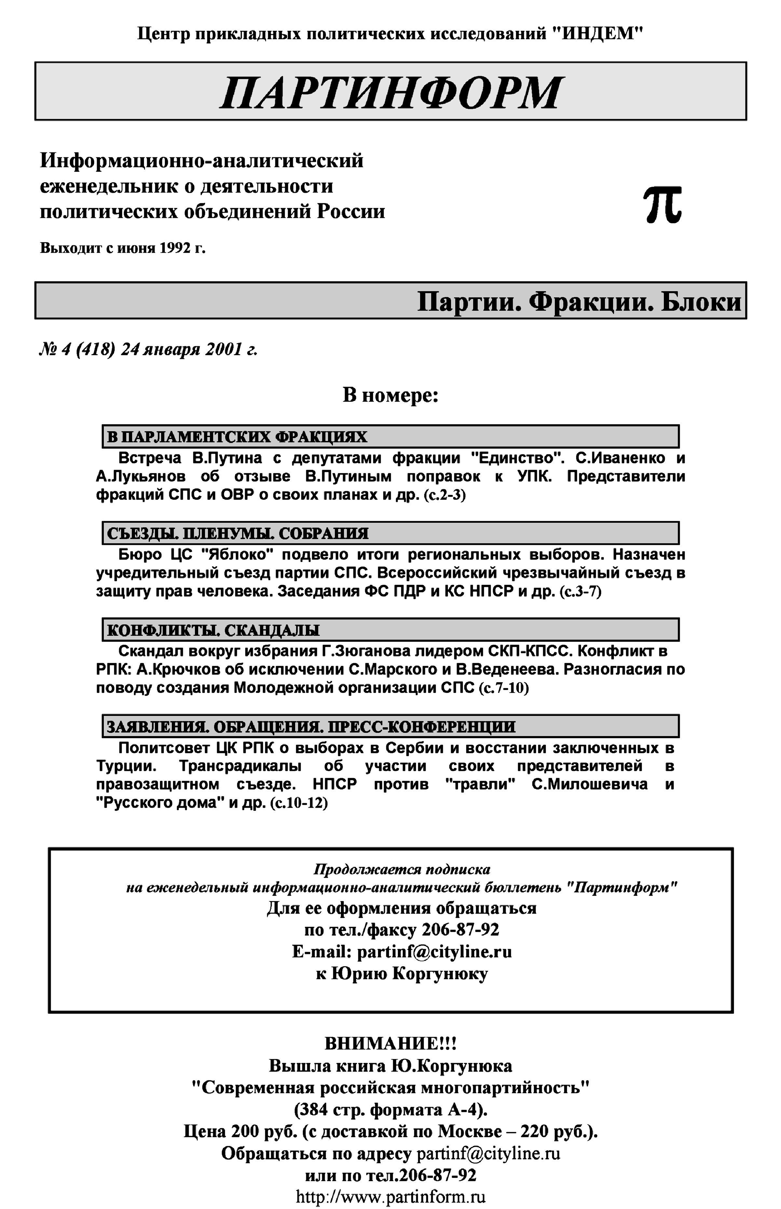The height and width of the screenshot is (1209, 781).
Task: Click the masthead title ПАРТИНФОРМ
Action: pos(390,92)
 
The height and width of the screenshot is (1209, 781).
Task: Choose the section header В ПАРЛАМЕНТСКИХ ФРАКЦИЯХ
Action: pos(237,436)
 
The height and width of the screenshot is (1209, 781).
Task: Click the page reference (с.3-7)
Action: pos(580,592)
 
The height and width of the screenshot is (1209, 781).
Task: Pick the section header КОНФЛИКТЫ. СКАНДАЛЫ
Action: pos(213,630)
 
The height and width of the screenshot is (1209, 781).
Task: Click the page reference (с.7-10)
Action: pos(503,688)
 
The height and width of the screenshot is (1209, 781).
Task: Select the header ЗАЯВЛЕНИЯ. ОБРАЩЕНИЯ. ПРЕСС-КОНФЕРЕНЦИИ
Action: pos(310,727)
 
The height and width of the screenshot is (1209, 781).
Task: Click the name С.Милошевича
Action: pos(589,785)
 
